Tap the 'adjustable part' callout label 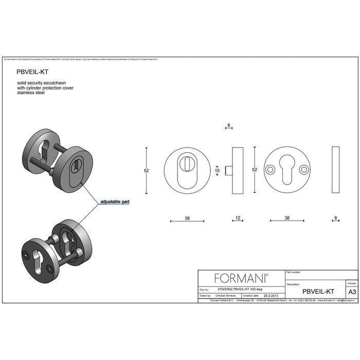coord(116,202)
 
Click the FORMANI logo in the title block coord(241,278)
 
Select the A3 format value coord(352,291)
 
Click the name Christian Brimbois coord(226,296)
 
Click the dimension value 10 coord(217,170)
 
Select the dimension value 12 coord(238,218)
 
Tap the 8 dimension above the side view coord(228,125)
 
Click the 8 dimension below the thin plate coord(335,218)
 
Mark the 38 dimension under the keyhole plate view coord(286,218)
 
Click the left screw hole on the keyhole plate coord(269,169)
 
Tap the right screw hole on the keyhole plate coord(304,169)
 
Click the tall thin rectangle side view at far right coord(336,169)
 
